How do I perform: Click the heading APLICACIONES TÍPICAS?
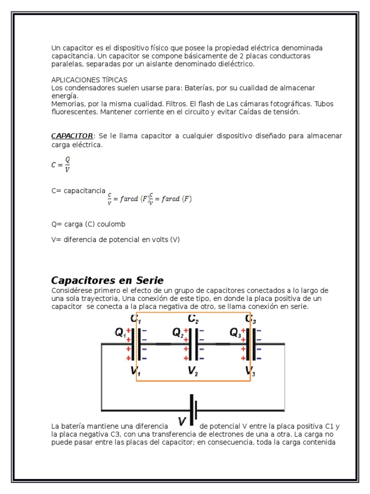(x=89, y=80)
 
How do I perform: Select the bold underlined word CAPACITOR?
(x=72, y=136)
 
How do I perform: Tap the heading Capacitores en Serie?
(x=107, y=280)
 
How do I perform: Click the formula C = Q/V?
(x=61, y=164)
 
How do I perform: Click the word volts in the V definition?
(x=159, y=239)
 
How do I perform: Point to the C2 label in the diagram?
(x=193, y=318)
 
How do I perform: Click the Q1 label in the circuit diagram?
(x=120, y=332)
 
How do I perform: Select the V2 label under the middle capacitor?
(x=193, y=370)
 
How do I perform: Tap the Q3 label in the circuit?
(x=235, y=332)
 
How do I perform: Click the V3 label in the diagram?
(x=250, y=370)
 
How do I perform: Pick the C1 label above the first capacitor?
(x=135, y=318)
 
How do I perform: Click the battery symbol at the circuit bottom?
(x=194, y=411)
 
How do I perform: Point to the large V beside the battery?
(x=183, y=422)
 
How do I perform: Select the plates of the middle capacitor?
(x=194, y=344)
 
